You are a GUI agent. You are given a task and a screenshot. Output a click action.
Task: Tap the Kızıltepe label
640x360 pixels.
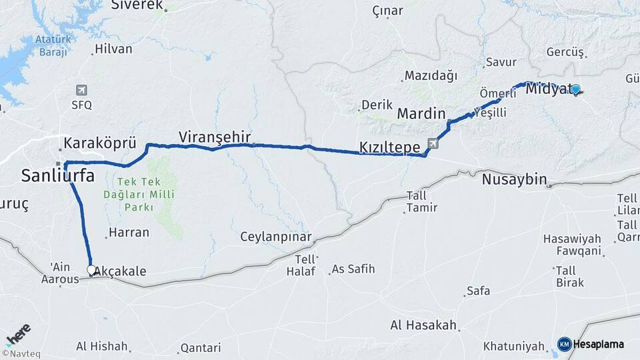[389, 147]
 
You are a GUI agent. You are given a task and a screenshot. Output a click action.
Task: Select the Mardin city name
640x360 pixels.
[421, 113]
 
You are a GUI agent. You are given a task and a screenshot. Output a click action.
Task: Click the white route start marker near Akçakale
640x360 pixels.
[91, 270]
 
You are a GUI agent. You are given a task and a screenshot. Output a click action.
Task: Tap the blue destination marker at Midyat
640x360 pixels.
[575, 89]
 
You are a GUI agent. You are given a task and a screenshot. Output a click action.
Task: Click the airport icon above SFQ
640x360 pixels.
[81, 90]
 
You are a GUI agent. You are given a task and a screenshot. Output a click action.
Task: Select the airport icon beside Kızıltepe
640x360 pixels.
[433, 143]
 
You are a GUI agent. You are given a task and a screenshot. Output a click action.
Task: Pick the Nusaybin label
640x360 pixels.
[514, 179]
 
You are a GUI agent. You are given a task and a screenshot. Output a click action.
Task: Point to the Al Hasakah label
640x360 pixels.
[423, 325]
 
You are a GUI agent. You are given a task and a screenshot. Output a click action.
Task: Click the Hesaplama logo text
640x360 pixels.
[599, 344]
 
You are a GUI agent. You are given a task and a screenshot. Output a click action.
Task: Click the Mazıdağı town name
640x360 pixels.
[431, 75]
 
